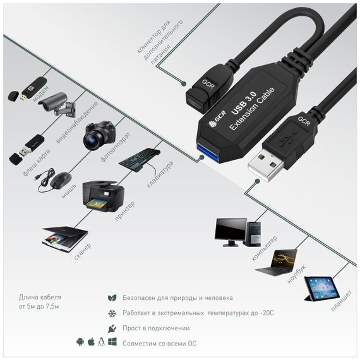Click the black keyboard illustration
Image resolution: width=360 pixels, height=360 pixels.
point(139,159)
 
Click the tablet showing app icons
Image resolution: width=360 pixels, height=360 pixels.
point(321,289)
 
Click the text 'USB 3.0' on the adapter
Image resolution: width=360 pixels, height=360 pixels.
point(244,103)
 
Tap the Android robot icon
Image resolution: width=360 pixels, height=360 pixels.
point(80,342)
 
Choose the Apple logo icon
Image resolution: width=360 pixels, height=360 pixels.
point(91,342)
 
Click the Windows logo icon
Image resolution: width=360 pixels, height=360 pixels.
point(112,342)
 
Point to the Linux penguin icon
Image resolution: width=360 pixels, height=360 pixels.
point(101,342)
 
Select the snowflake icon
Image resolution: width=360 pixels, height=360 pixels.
point(112,313)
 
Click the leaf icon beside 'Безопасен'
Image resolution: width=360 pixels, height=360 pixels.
point(112,297)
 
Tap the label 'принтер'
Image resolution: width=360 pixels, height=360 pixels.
point(124,211)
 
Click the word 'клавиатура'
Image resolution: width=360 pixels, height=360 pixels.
point(160,174)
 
